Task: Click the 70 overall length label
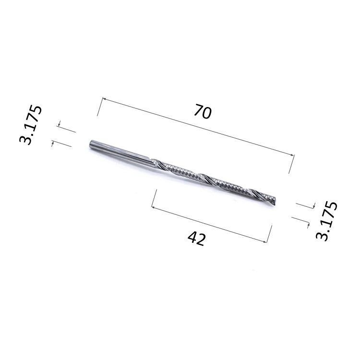(x=202, y=111)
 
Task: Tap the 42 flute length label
(x=196, y=239)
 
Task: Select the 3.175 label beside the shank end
(x=31, y=125)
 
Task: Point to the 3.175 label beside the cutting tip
(x=326, y=221)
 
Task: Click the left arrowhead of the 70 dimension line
(x=104, y=99)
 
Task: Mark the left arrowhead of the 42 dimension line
(x=154, y=207)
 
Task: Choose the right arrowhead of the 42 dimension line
(x=265, y=241)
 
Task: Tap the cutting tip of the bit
(x=274, y=202)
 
